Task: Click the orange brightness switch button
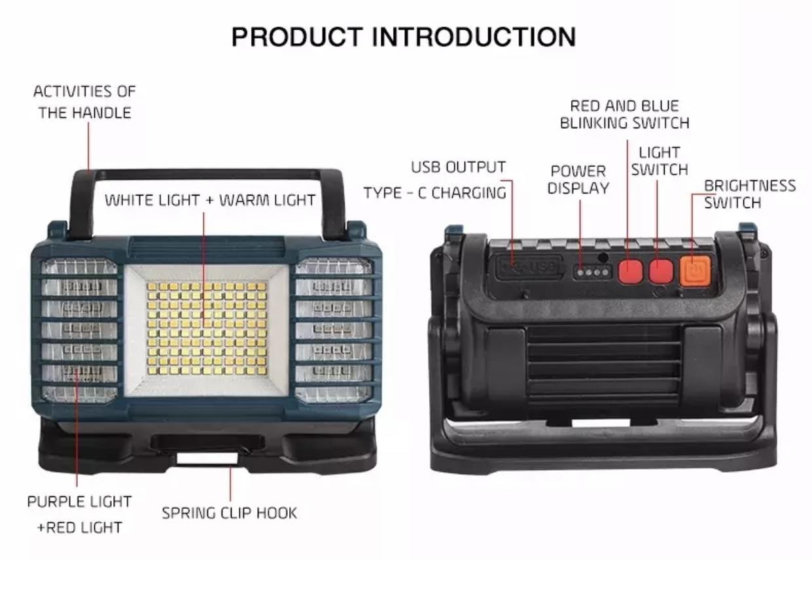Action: (696, 271)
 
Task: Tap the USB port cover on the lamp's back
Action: (528, 267)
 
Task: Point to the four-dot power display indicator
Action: (592, 272)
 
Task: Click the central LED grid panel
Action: (207, 328)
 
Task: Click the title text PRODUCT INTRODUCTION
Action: (404, 37)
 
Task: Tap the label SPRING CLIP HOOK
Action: (230, 513)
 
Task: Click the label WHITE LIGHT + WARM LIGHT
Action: (210, 200)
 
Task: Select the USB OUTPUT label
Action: (458, 167)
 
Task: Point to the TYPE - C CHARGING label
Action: (435, 193)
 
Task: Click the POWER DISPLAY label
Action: (578, 180)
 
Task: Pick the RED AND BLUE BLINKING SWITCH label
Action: (625, 114)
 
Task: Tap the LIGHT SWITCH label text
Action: (660, 161)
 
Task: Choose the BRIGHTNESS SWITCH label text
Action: (749, 194)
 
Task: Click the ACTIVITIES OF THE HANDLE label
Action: (84, 102)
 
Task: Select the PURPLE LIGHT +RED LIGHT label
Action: (79, 515)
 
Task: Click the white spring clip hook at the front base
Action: (207, 458)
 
